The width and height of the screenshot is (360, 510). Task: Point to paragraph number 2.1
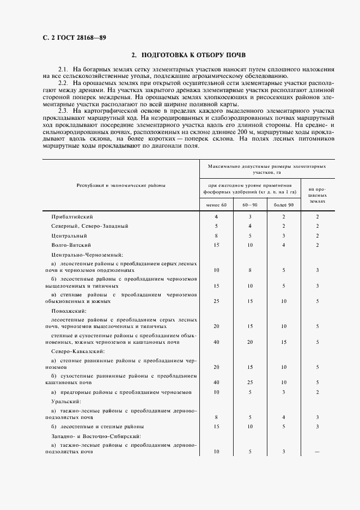(x=63, y=70)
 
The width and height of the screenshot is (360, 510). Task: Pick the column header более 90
(x=283, y=205)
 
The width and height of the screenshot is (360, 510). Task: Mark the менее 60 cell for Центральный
(x=216, y=236)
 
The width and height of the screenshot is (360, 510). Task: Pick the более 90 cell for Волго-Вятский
(x=283, y=245)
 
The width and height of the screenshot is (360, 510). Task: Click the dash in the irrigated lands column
(x=317, y=452)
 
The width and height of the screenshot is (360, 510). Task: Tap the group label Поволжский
(x=65, y=309)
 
